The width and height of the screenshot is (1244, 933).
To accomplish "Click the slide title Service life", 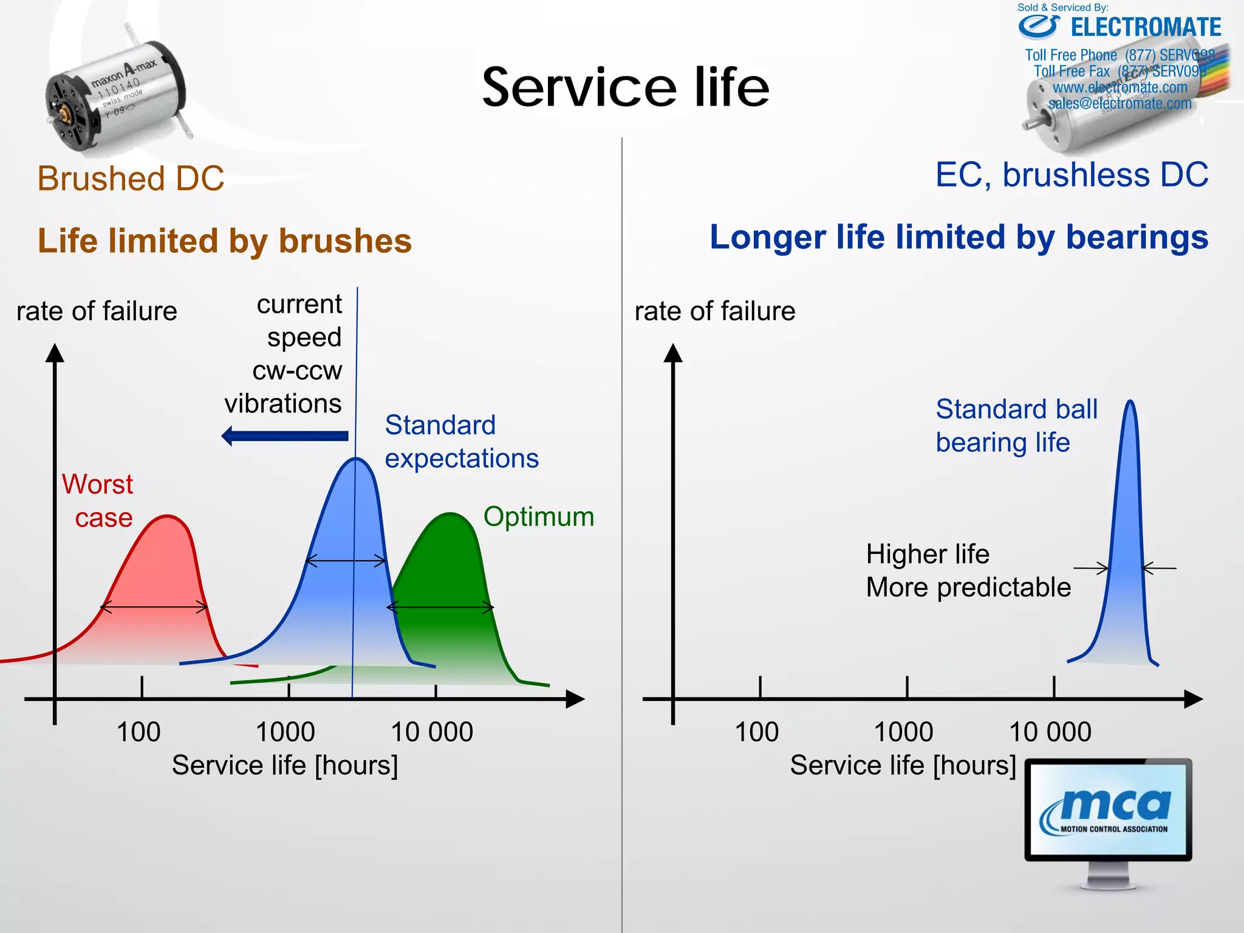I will [626, 88].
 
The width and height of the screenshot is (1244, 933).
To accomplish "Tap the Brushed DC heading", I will [131, 179].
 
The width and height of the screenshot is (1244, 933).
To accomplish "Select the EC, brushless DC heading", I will [1071, 175].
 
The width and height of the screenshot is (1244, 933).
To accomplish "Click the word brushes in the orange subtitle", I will [345, 241].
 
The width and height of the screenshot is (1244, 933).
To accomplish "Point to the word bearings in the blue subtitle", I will [1137, 238].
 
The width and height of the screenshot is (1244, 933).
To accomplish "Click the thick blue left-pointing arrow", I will [285, 436].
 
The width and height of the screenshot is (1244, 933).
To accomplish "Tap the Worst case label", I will [98, 501].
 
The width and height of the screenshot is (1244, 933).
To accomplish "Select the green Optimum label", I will [538, 517].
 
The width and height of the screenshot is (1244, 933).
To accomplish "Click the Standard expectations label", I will [461, 442].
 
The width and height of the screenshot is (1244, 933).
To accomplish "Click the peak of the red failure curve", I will [167, 517].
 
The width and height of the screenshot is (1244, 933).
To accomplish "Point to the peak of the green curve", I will [450, 514].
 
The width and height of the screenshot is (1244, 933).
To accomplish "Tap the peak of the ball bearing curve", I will [1130, 402].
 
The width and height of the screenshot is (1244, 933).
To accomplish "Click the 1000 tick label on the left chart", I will [285, 732].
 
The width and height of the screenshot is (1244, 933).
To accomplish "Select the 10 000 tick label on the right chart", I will [1050, 732].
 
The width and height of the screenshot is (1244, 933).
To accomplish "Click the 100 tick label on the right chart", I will [756, 732].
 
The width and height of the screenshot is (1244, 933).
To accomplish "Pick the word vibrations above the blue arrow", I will [283, 404].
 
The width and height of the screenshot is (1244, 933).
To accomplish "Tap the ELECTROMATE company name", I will [1145, 28].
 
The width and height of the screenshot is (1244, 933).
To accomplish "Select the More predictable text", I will [968, 588].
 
